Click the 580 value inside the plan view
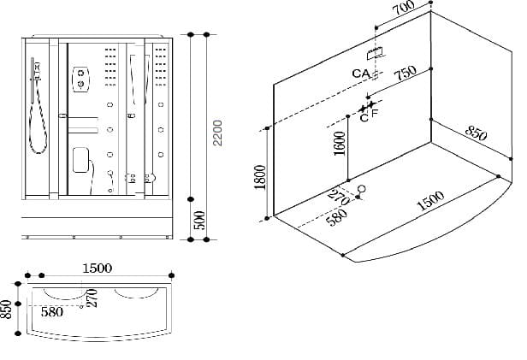tap(52, 313)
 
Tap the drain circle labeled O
tap(360, 189)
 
